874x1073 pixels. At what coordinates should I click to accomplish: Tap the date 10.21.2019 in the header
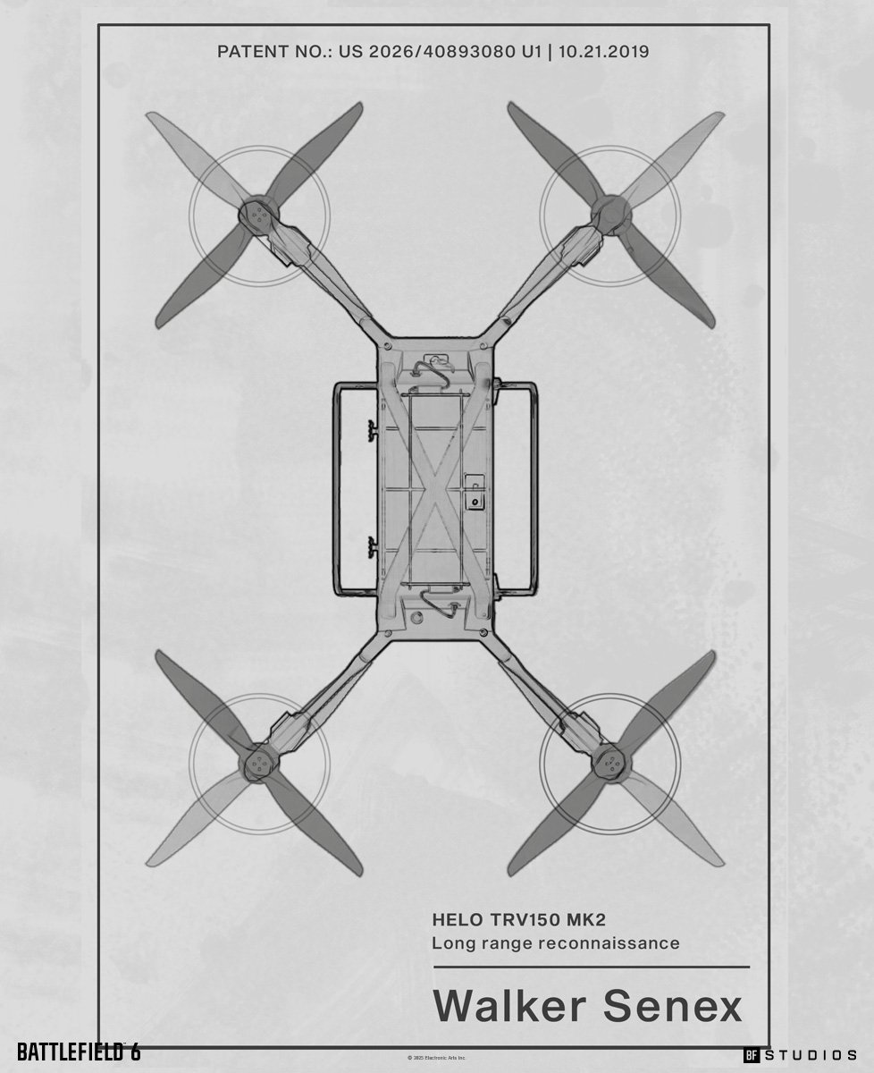click(604, 52)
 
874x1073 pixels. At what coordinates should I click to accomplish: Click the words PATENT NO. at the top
click(268, 52)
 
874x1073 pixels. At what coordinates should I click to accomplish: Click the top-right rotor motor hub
click(611, 215)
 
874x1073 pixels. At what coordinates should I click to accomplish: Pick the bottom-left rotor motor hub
click(258, 763)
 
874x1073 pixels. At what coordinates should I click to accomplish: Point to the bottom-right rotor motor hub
click(611, 763)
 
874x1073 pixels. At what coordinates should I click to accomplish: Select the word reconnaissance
click(618, 943)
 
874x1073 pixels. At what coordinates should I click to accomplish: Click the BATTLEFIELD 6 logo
click(79, 1052)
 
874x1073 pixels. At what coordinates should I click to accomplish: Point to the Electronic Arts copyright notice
click(437, 1058)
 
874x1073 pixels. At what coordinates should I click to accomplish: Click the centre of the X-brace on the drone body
click(435, 488)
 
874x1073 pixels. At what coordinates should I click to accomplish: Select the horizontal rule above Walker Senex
click(591, 967)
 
